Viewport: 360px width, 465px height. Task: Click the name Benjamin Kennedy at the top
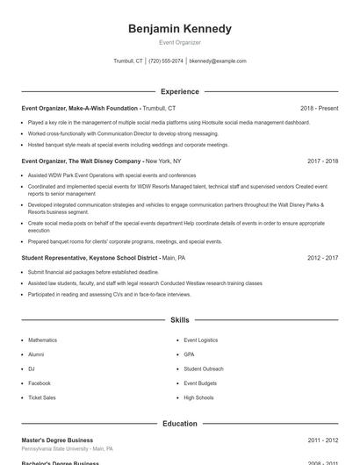180,29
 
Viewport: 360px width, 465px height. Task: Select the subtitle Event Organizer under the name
180,42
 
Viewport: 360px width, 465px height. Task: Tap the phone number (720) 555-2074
166,61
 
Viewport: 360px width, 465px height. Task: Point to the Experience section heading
180,91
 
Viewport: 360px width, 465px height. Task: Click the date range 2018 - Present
319,108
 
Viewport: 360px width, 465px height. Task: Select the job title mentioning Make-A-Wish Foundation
80,108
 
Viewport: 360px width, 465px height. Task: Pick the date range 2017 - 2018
323,161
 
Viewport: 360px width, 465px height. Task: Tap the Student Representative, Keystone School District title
90,258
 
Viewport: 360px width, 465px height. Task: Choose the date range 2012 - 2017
323,258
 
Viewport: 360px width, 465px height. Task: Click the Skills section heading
180,320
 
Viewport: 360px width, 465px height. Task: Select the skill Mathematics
42,340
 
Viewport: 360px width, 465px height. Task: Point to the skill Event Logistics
200,340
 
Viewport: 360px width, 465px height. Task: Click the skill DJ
32,368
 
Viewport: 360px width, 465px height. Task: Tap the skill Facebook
40,383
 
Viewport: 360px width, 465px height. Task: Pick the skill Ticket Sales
42,397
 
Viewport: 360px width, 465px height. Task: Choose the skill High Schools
198,397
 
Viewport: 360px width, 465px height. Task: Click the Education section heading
180,423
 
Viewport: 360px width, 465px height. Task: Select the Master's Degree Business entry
57,440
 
